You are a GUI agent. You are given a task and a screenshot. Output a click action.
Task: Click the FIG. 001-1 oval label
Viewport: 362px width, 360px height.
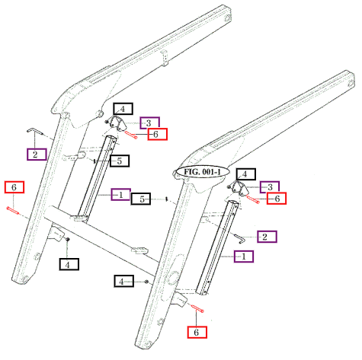(x=203, y=172)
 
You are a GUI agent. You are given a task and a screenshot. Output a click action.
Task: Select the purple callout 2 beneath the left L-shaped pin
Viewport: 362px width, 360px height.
(x=37, y=155)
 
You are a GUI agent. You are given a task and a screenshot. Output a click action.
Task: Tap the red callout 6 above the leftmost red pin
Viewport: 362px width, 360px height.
(x=14, y=187)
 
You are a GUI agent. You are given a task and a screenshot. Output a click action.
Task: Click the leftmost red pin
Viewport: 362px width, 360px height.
(x=13, y=211)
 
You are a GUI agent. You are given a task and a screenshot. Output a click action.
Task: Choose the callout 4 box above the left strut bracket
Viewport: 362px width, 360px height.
(x=123, y=109)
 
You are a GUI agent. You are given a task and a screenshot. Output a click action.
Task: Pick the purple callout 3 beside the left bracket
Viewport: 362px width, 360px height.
(x=150, y=123)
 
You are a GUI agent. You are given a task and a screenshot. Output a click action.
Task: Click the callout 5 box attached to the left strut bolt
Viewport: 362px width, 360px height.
(x=120, y=161)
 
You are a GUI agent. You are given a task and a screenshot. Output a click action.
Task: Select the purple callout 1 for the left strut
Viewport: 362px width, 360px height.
(x=121, y=195)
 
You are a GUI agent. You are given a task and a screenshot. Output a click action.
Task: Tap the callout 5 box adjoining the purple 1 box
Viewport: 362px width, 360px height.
(x=141, y=199)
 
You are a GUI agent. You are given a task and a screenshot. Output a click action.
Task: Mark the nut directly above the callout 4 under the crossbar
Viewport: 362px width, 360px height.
(x=68, y=240)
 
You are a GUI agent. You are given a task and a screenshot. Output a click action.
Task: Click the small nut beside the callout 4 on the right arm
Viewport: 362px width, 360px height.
(x=146, y=282)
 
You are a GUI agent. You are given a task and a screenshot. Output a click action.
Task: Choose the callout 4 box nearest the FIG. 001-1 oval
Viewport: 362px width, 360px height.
(x=246, y=174)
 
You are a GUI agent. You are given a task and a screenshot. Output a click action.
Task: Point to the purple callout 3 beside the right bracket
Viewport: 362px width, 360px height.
(x=270, y=187)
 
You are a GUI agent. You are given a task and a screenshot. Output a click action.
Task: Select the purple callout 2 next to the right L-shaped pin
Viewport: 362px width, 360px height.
(x=267, y=237)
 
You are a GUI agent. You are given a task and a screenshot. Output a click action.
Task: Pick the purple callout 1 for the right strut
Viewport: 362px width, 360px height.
(x=244, y=256)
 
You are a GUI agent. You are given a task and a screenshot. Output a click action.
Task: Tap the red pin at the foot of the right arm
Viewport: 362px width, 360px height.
(x=197, y=308)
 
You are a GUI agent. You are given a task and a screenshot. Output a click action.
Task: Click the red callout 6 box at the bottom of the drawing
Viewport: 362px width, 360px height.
(x=197, y=332)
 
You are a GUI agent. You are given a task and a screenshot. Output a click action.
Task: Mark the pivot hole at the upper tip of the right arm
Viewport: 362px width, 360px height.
(x=351, y=83)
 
